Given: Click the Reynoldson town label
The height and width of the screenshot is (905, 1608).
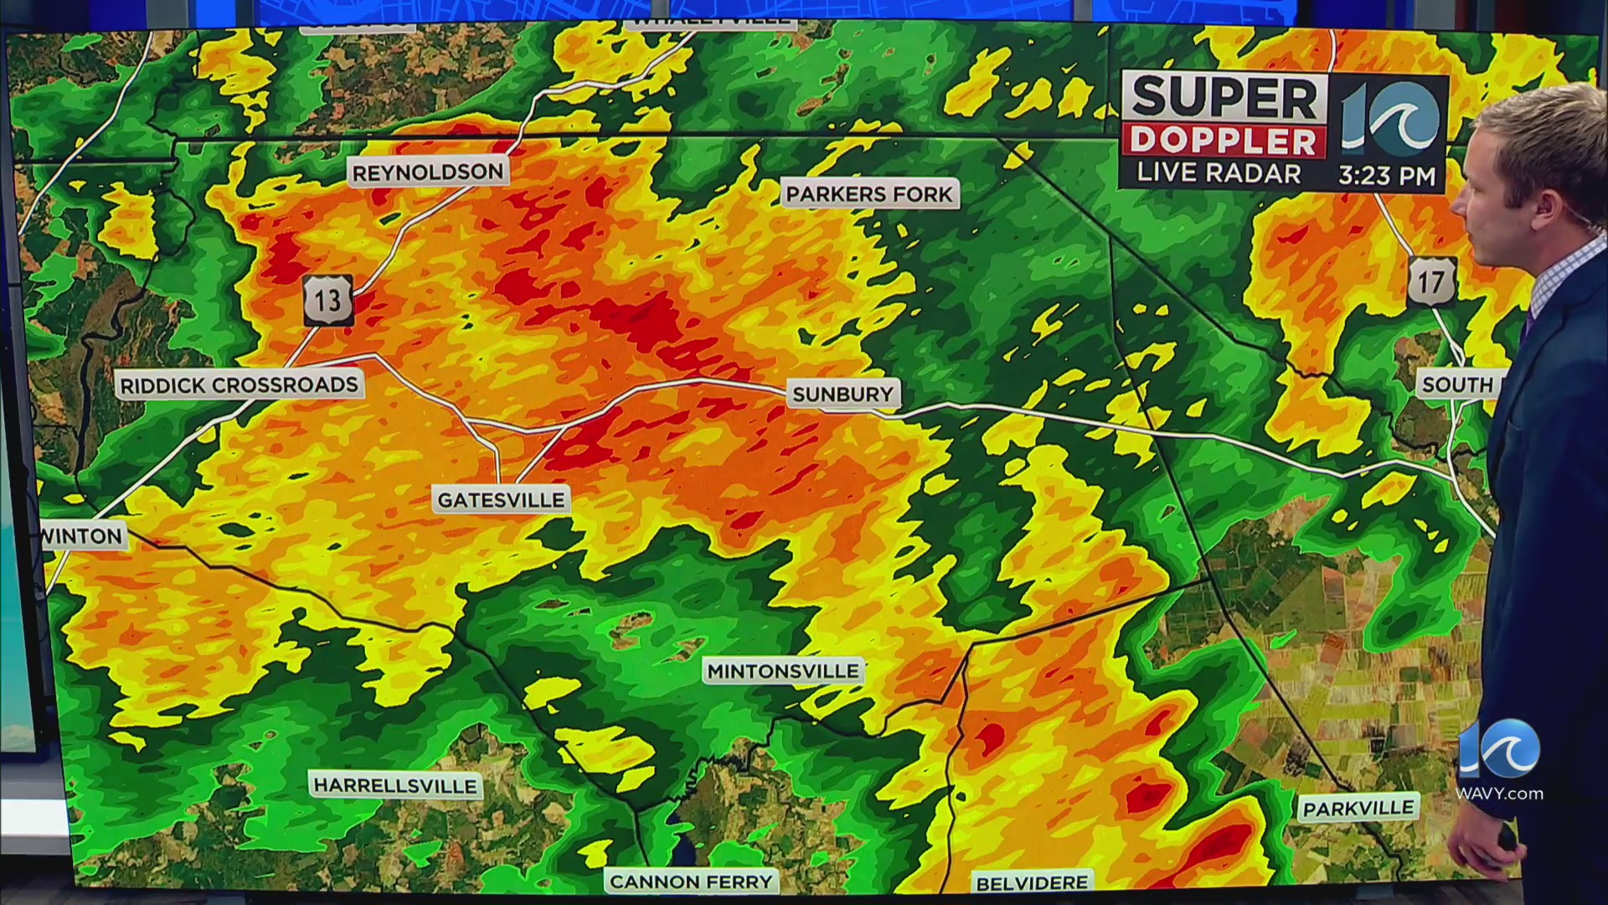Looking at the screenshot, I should (x=428, y=173).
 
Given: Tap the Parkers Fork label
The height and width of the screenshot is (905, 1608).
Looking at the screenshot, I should (x=869, y=194).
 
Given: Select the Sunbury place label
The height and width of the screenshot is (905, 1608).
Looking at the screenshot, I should (x=843, y=394).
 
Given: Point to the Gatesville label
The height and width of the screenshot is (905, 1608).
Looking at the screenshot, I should (x=501, y=500).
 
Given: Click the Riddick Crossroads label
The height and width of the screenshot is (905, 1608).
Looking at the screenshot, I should (x=239, y=385).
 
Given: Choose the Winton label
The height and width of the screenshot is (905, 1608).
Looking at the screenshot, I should (x=83, y=536).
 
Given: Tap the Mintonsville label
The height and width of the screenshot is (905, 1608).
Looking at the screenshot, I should (x=783, y=671).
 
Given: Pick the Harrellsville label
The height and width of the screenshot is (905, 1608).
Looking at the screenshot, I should (x=395, y=786).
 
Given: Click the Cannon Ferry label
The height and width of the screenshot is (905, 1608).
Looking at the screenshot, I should (x=691, y=882).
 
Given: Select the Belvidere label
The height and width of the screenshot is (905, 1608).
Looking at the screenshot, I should (x=1032, y=883).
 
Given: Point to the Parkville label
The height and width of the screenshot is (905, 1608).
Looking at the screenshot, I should (x=1358, y=808).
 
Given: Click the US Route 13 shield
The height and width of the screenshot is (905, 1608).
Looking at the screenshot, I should (x=327, y=299).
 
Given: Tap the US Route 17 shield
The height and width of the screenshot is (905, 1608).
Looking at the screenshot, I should (x=1431, y=282).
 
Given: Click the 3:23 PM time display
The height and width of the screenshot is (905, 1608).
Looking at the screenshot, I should (x=1387, y=176).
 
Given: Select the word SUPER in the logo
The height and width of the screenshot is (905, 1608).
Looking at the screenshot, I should (x=1224, y=98).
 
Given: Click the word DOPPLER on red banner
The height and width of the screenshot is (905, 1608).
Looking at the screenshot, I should (x=1224, y=142).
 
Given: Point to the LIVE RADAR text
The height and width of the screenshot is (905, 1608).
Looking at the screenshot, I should (x=1219, y=173).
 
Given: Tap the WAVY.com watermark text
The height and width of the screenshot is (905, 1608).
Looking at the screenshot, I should (x=1499, y=794).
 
